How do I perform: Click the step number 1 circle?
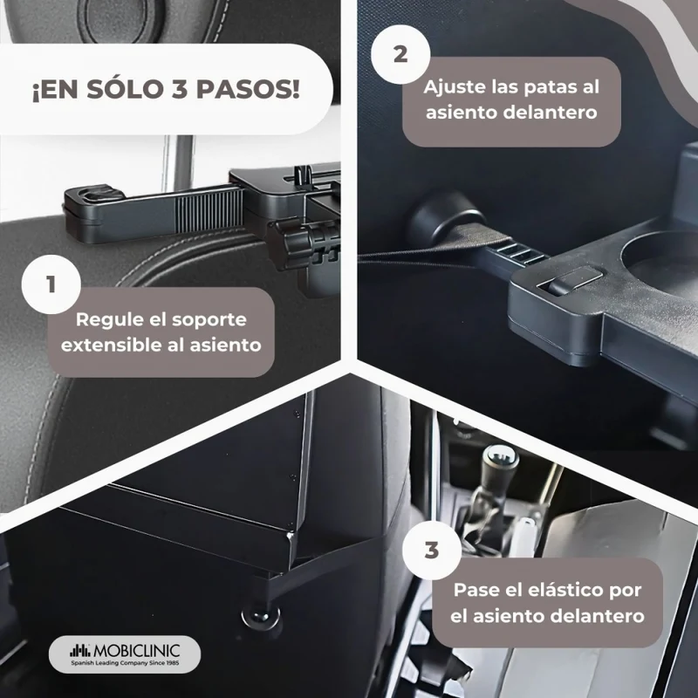click(51, 284)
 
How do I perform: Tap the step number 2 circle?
click(400, 54)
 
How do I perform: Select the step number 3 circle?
click(432, 551)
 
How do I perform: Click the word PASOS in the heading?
click(248, 89)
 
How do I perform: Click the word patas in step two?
click(551, 88)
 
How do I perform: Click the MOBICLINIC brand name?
click(137, 651)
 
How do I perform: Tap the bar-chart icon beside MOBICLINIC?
click(80, 651)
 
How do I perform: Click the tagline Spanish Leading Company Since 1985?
click(125, 663)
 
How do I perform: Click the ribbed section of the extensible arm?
click(209, 209)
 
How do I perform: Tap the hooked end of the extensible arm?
click(92, 195)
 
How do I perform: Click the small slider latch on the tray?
click(573, 280)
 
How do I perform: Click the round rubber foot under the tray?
click(261, 617)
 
